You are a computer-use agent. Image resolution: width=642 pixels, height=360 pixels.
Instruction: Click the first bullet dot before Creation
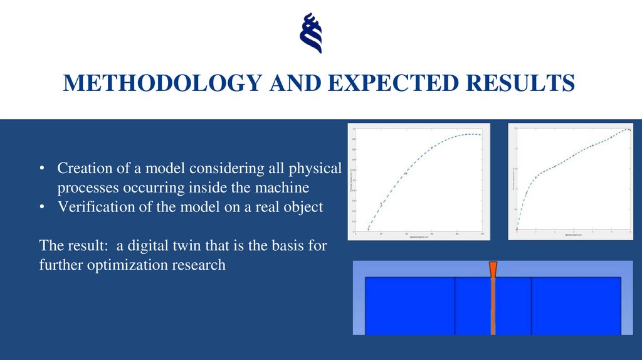coord(41,169)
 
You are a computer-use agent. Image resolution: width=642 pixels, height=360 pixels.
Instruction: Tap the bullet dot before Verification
coord(41,207)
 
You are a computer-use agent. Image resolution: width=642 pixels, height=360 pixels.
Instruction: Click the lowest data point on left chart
coord(369,230)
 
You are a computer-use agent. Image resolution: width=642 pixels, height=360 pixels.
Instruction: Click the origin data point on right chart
coord(517,230)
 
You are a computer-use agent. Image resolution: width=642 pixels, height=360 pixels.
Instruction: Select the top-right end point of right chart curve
coord(627,130)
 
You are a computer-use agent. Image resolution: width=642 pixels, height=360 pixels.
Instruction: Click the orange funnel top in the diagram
coord(493,268)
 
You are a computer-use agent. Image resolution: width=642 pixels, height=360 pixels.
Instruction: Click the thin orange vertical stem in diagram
coord(493,307)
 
